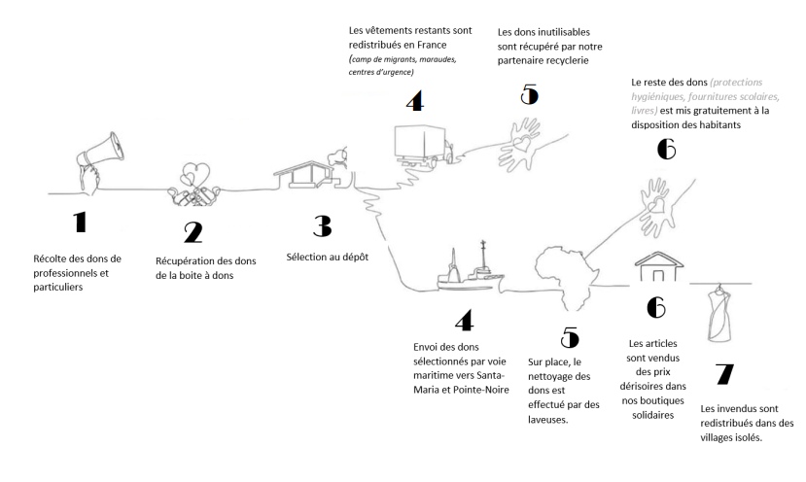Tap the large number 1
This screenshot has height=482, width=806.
(x=80, y=223)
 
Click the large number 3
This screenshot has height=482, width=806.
(x=322, y=225)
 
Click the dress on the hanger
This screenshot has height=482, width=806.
(x=718, y=313)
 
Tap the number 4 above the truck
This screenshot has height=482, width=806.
(x=414, y=100)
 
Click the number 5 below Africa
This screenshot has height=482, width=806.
(x=570, y=337)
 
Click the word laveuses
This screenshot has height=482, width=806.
(x=549, y=422)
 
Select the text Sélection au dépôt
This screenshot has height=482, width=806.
(x=326, y=258)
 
